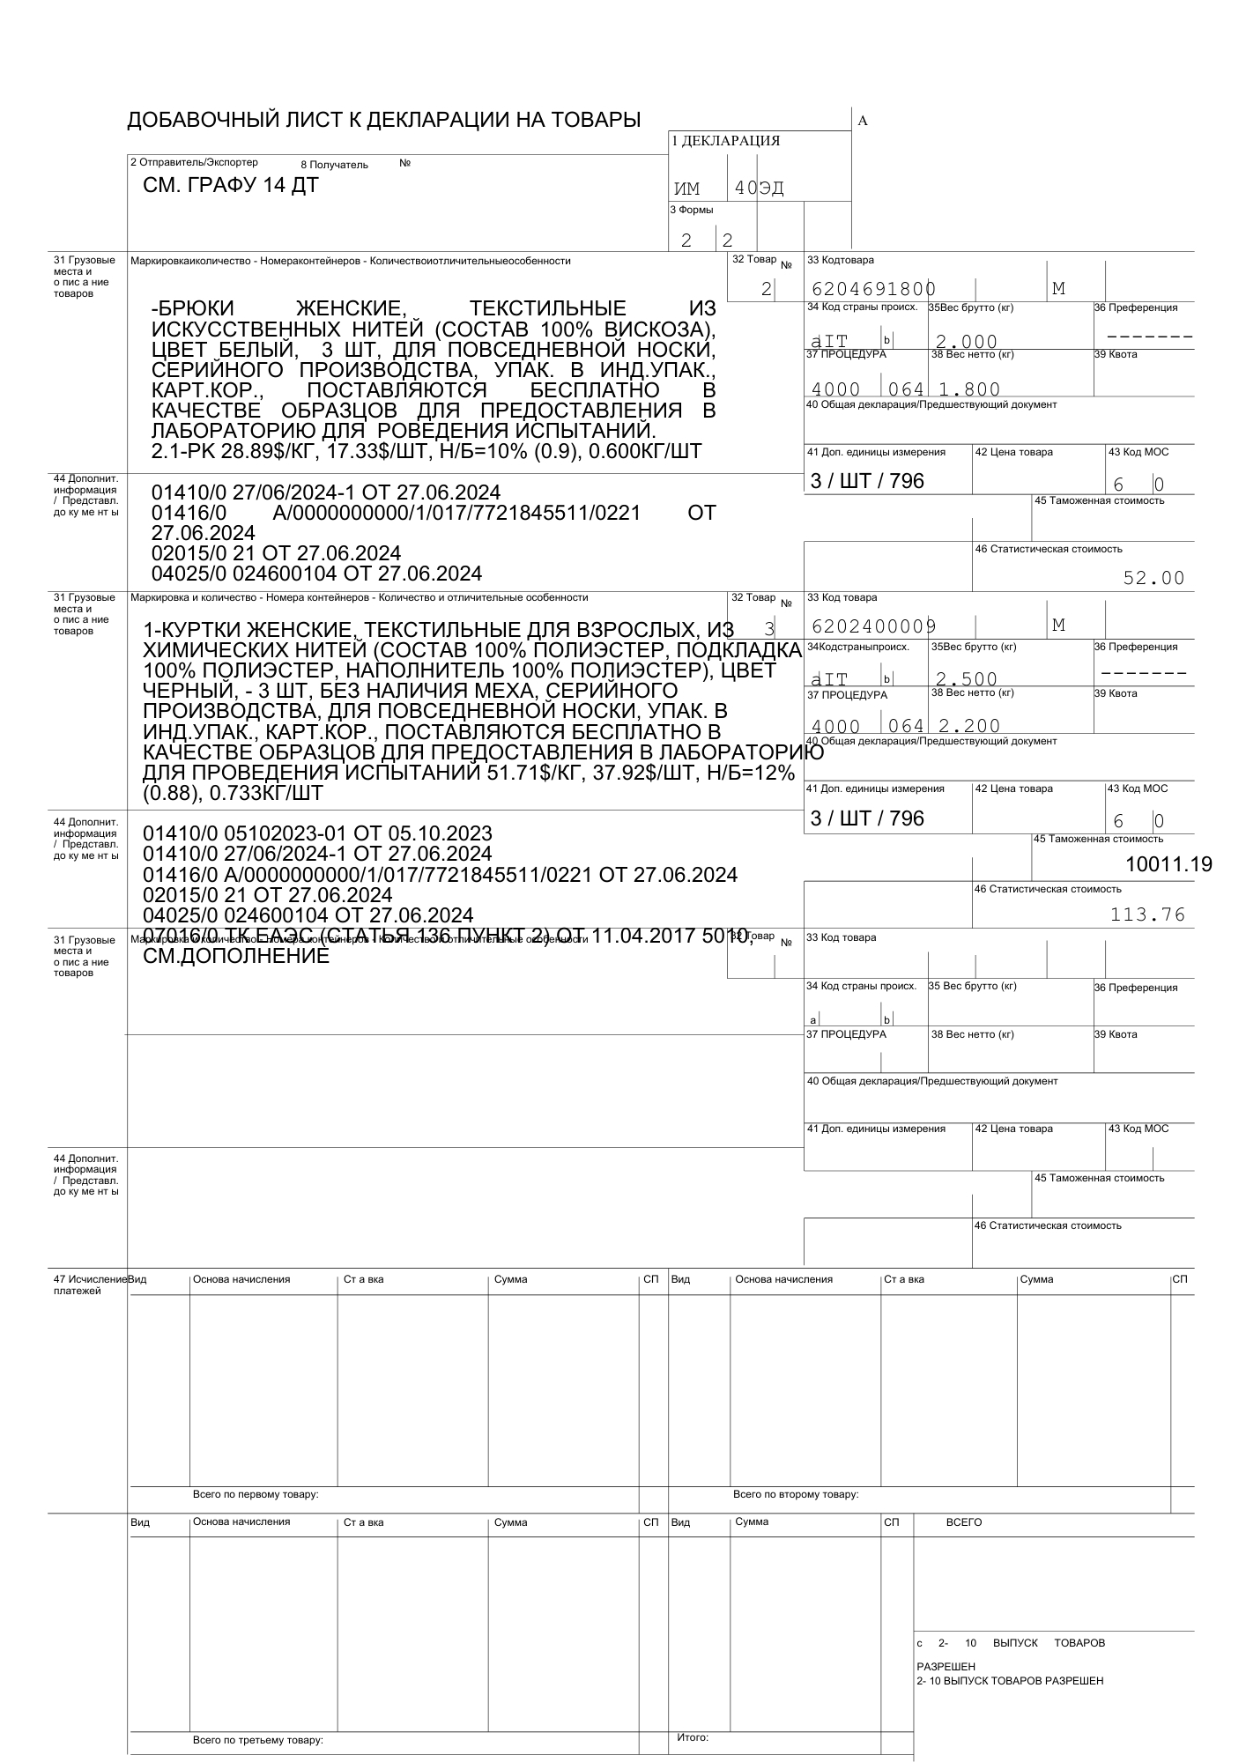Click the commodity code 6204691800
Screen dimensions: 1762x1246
(x=872, y=289)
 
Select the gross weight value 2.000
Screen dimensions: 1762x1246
(x=967, y=341)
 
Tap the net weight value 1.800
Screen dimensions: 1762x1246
(x=969, y=389)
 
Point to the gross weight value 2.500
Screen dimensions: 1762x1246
(x=967, y=678)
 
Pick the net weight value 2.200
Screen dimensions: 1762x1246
(x=969, y=726)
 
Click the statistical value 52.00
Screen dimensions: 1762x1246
(x=1153, y=578)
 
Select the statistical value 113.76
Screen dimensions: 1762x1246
(x=1147, y=914)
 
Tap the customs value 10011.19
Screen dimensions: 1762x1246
(x=1168, y=864)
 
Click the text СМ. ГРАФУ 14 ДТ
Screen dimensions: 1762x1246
(x=231, y=186)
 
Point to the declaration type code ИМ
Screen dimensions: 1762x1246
(x=686, y=189)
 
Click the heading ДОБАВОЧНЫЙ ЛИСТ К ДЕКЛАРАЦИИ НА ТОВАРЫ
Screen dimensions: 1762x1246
(x=384, y=120)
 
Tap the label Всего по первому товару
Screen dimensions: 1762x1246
(x=256, y=1494)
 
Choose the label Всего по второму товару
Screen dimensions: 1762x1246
(x=796, y=1494)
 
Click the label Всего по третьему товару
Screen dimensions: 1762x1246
(x=258, y=1741)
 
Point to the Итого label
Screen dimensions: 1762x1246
(x=693, y=1737)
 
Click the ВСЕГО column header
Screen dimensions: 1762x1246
(x=963, y=1522)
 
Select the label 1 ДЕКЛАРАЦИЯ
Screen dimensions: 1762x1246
(x=725, y=141)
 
